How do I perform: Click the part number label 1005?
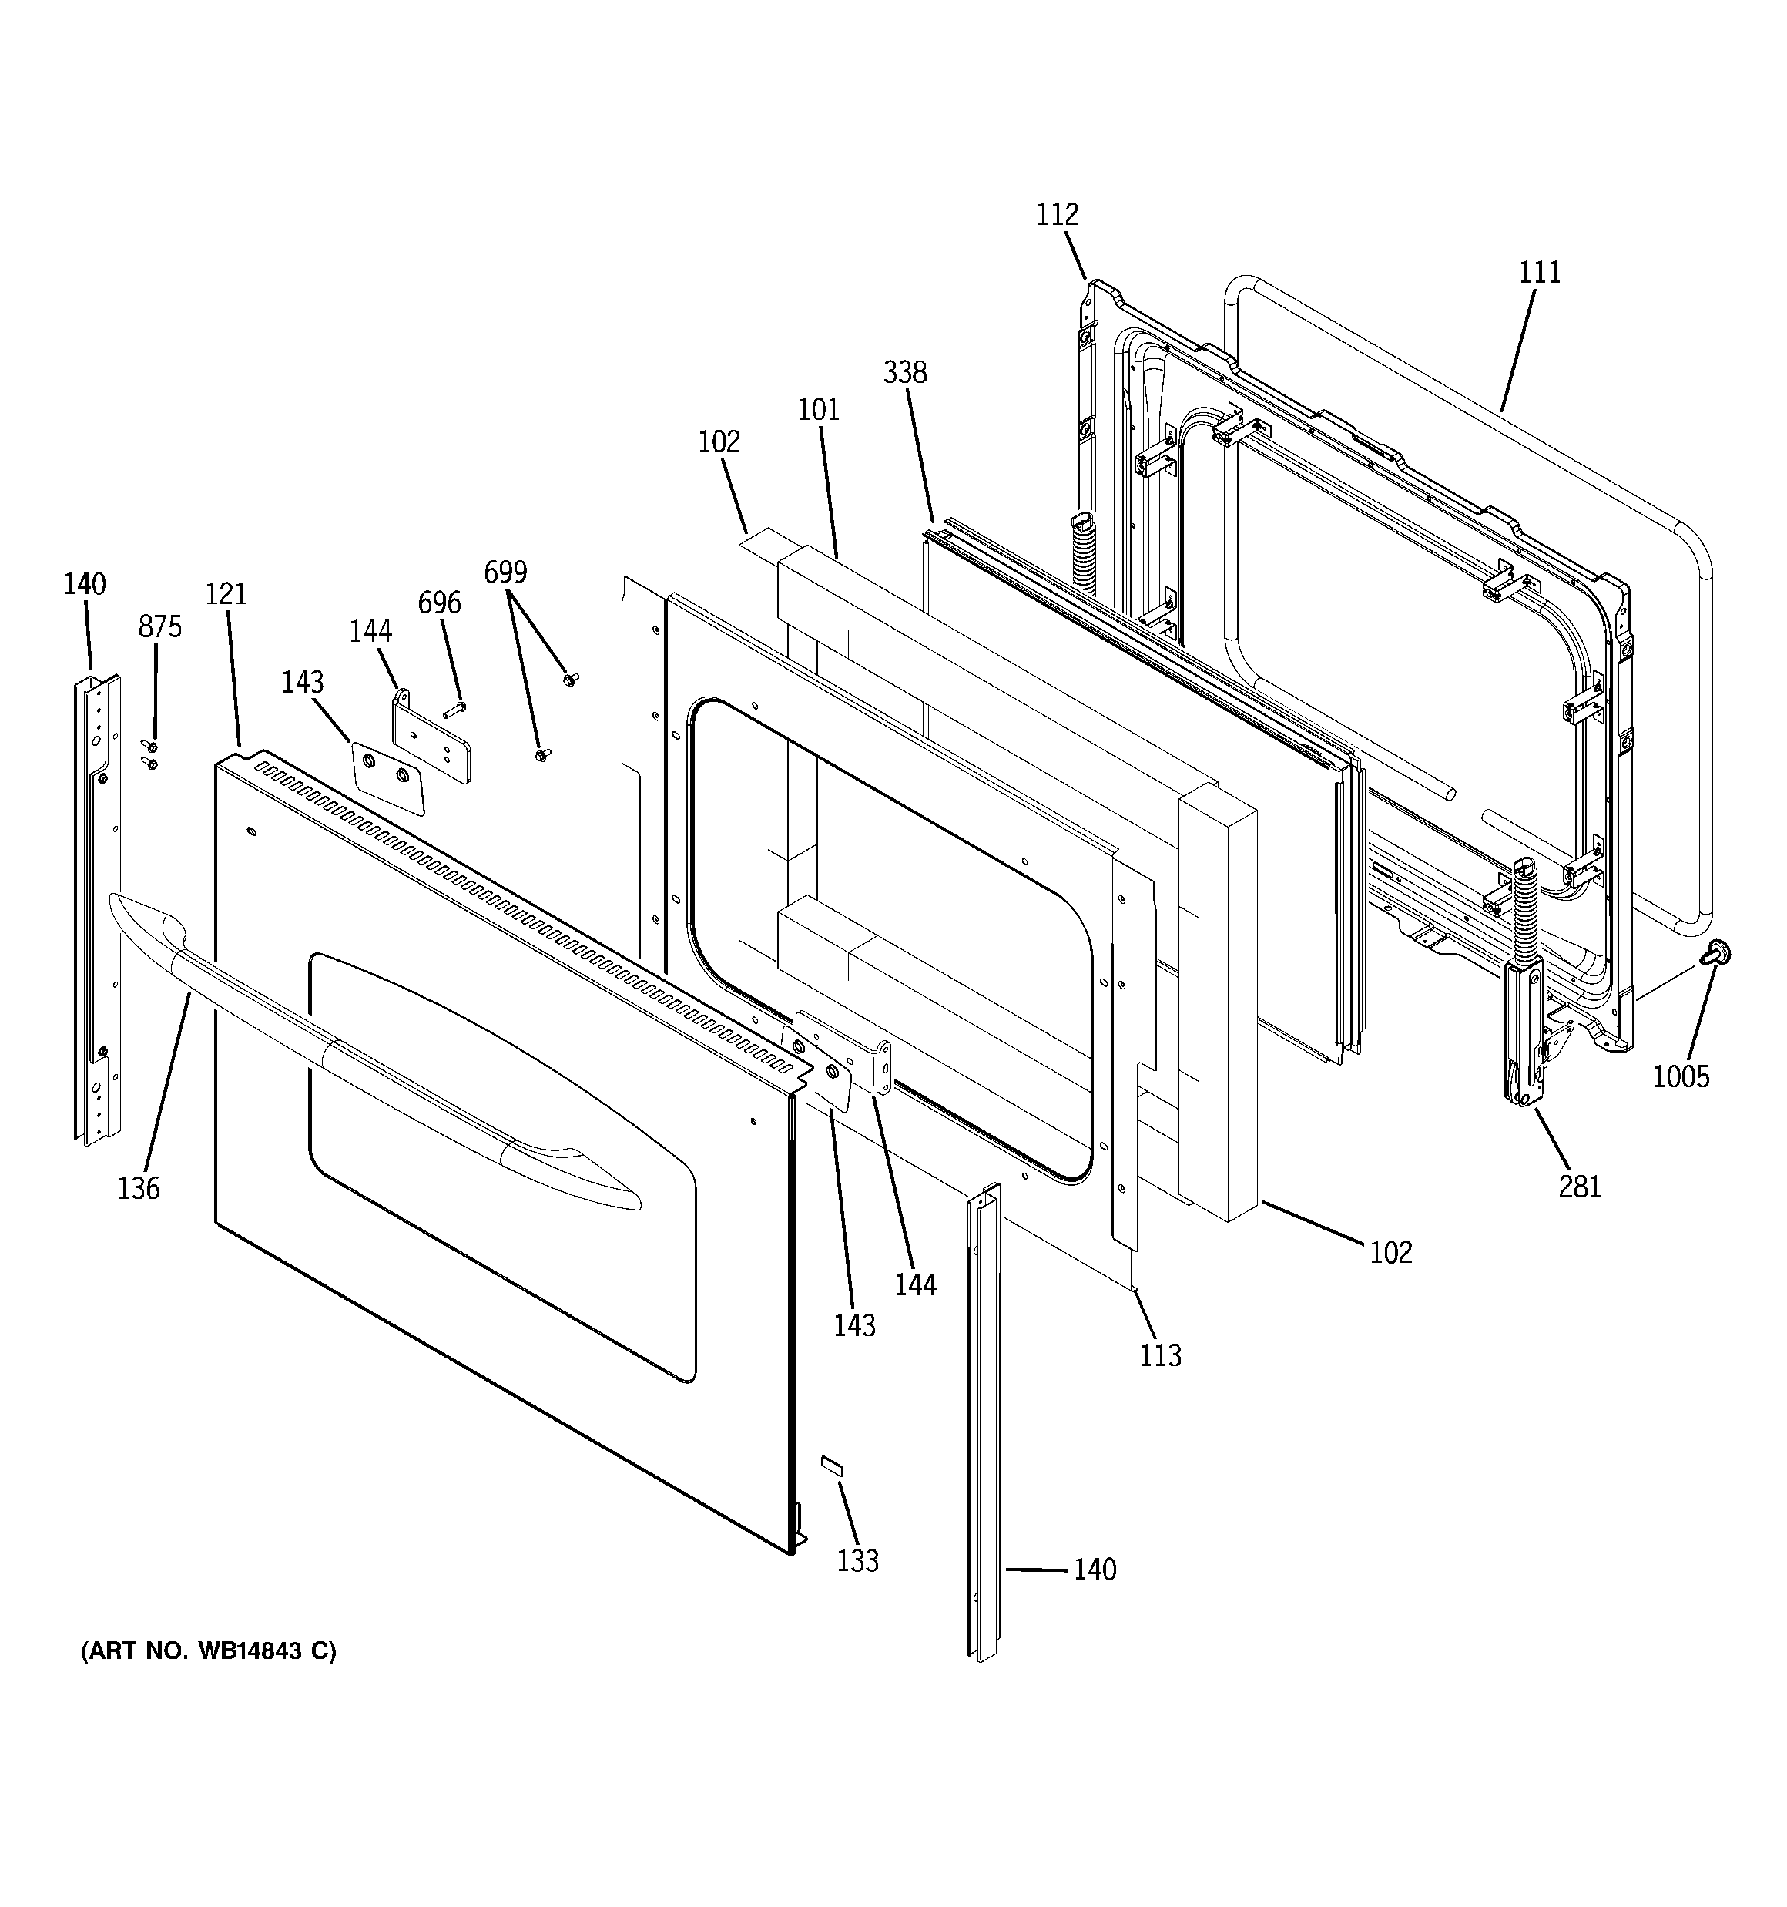click(x=1681, y=1076)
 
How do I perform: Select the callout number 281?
click(x=1579, y=1187)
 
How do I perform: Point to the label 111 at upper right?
click(x=1540, y=273)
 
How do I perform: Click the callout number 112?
click(x=1057, y=214)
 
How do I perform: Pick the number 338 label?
click(x=904, y=372)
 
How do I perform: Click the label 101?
click(x=818, y=410)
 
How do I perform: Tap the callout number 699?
click(x=505, y=572)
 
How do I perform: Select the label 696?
click(x=439, y=603)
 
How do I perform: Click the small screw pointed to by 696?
click(x=454, y=709)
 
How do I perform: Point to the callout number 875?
click(x=159, y=626)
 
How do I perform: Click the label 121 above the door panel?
click(x=226, y=594)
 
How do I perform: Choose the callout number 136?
click(x=138, y=1189)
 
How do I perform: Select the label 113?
click(x=1160, y=1355)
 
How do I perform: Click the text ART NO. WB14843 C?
click(x=208, y=1651)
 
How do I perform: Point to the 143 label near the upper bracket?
click(x=302, y=682)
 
